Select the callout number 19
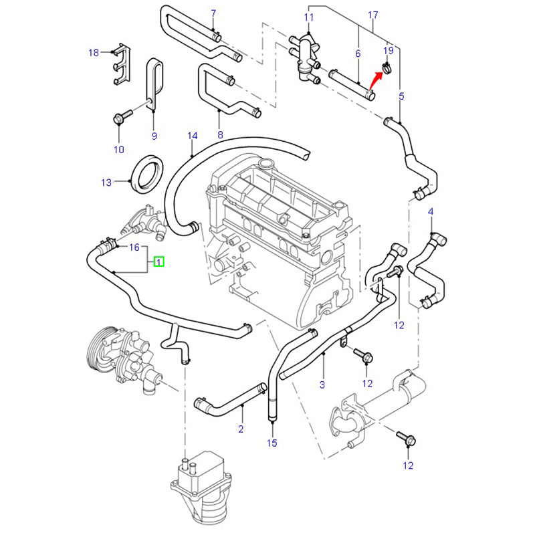point(389,51)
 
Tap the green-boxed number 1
point(159,262)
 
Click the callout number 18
point(94,52)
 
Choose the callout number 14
point(193,136)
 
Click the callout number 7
point(213,13)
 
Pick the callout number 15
point(272,443)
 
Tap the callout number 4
point(431,212)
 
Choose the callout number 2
point(241,428)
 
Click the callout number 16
point(134,247)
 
